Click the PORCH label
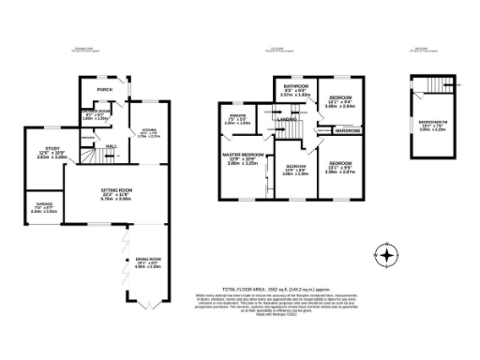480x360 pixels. click(x=105, y=90)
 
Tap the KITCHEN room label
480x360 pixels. click(x=148, y=130)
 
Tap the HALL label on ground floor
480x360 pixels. click(x=111, y=147)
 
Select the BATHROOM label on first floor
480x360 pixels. click(x=296, y=87)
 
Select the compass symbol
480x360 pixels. click(x=385, y=254)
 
